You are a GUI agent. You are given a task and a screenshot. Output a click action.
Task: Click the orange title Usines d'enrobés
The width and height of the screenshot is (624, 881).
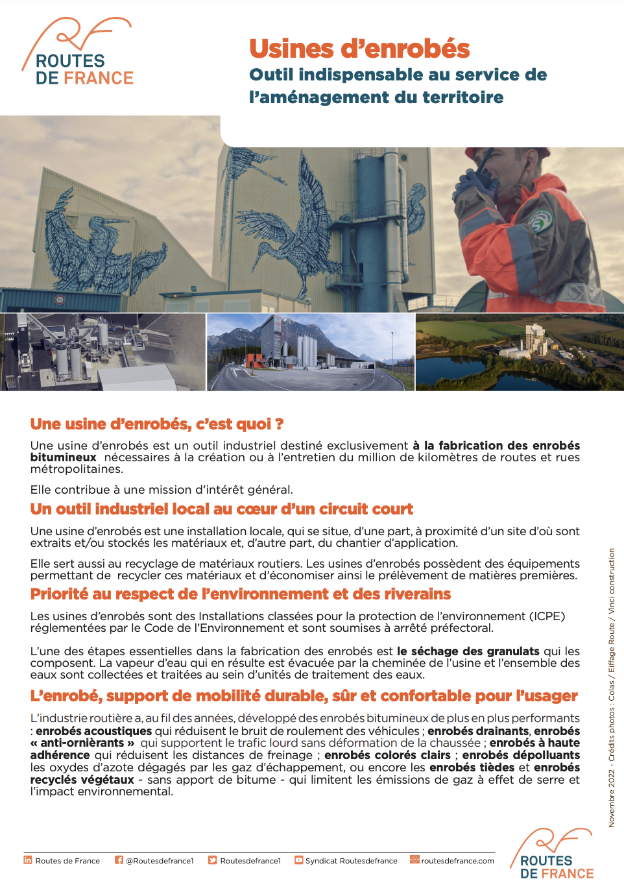click(x=359, y=49)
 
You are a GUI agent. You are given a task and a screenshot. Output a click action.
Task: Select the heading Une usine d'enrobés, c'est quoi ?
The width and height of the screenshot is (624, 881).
click(x=157, y=424)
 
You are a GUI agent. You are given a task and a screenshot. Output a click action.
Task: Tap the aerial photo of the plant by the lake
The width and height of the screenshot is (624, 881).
click(x=519, y=352)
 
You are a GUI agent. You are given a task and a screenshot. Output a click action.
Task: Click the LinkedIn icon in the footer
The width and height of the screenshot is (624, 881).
click(x=28, y=860)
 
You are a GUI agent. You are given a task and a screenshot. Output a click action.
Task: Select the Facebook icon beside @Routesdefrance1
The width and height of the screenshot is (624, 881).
click(x=119, y=860)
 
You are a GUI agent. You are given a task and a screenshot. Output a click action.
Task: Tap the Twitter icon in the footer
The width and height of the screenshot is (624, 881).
click(x=212, y=860)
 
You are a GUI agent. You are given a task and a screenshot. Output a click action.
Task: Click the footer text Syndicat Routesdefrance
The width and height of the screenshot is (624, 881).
click(x=351, y=861)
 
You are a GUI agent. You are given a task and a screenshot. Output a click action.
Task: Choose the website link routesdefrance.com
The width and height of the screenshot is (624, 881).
click(x=457, y=861)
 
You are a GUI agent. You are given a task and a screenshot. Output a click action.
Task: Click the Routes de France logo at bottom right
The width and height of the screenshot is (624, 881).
click(x=555, y=855)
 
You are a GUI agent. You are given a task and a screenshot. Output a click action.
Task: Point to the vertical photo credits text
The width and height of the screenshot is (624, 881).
click(x=611, y=688)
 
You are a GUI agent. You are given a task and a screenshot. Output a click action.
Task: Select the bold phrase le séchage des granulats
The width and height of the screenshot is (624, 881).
click(x=468, y=651)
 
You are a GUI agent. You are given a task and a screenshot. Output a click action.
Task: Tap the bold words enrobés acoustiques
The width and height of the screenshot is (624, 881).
click(x=93, y=731)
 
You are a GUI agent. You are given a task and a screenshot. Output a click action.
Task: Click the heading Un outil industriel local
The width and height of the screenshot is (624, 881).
click(x=221, y=509)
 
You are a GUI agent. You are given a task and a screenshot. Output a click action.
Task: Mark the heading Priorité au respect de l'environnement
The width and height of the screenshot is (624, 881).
click(x=240, y=594)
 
